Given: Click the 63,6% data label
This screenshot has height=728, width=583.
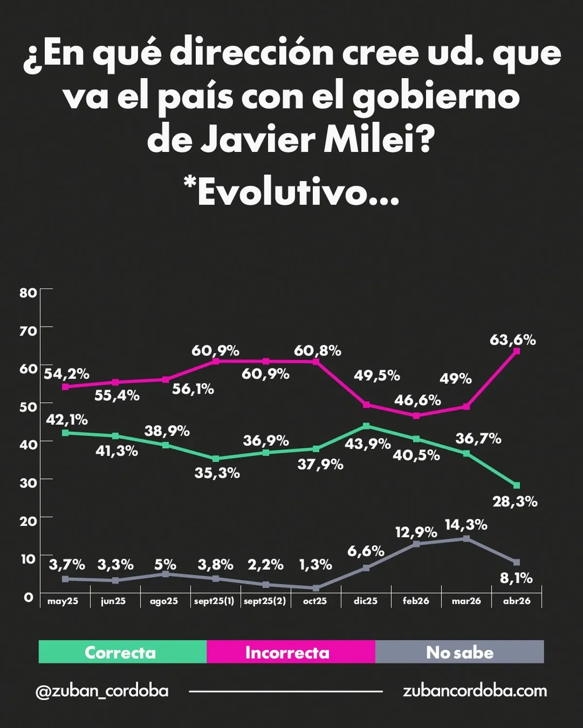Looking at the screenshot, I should [513, 340].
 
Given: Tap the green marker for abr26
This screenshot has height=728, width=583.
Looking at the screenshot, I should [516, 485].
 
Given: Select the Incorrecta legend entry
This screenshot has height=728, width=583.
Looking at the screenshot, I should [287, 652].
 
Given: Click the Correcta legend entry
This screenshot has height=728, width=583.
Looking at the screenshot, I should [120, 652].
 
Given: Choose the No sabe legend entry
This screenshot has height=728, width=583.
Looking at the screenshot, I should [460, 652].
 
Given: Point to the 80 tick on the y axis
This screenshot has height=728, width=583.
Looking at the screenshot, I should [28, 293].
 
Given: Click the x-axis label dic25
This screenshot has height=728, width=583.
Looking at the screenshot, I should [365, 601].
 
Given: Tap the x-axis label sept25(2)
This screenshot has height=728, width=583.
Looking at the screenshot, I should [265, 601].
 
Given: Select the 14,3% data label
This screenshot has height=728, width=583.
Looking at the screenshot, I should [466, 525].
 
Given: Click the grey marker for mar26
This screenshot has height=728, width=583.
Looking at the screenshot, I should [466, 538].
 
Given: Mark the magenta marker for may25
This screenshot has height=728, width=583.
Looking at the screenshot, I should [65, 387].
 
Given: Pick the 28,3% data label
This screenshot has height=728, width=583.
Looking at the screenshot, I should [515, 501].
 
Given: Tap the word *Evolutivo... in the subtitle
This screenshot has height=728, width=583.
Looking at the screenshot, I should [291, 192].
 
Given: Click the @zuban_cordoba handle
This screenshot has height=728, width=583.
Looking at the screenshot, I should [102, 691].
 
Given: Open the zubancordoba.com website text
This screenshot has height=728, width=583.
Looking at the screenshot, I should [475, 691].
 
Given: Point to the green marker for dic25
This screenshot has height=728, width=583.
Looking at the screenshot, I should [366, 426].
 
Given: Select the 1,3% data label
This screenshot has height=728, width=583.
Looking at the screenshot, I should [316, 564].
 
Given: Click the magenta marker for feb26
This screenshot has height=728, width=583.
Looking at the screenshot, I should [416, 415].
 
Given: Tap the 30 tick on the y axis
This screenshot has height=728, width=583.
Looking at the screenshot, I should [28, 482].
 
